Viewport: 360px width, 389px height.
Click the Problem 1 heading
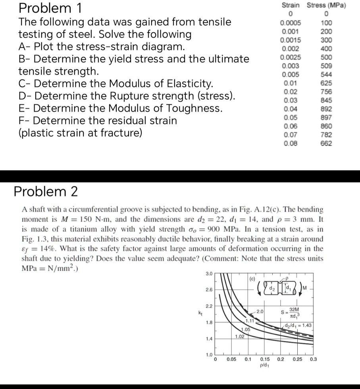coord(50,8)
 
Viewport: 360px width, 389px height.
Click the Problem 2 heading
coord(46,191)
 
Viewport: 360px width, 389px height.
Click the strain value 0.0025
coord(291,57)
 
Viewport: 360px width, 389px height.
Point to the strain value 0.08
coord(291,143)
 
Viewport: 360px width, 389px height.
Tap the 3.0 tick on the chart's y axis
coord(209,273)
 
